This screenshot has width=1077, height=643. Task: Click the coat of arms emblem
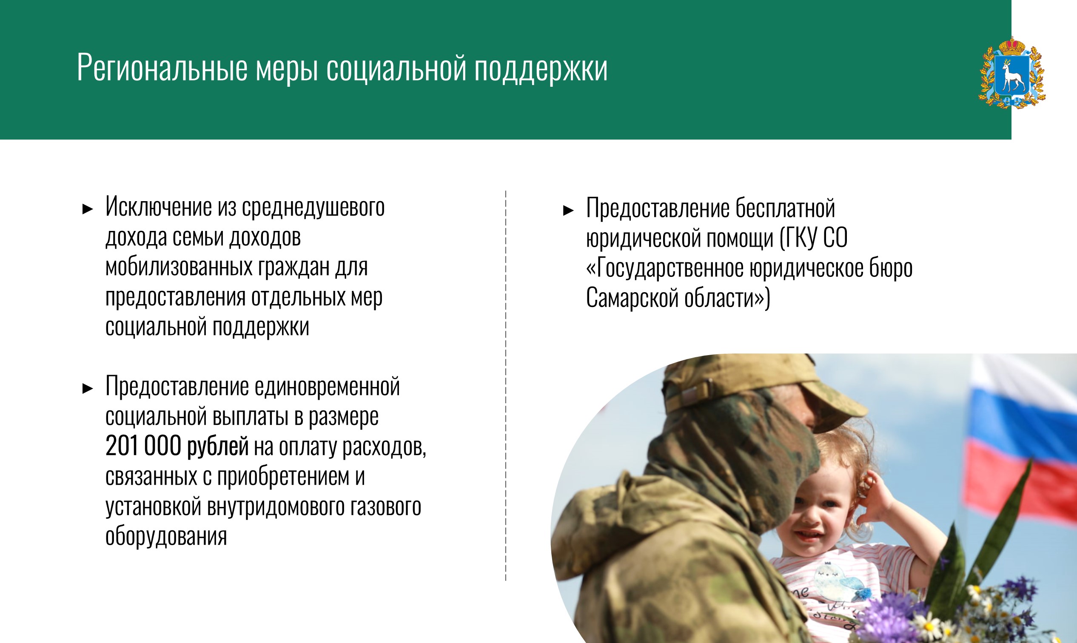(x=1012, y=72)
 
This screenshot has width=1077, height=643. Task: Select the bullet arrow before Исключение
(x=88, y=210)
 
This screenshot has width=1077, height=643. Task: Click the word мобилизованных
(x=179, y=267)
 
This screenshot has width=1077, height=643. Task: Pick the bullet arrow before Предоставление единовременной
(x=88, y=389)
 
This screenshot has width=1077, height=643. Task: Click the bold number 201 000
(x=143, y=446)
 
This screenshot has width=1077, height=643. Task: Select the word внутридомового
(x=276, y=506)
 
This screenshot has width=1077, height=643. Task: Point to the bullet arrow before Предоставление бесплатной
(x=568, y=211)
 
